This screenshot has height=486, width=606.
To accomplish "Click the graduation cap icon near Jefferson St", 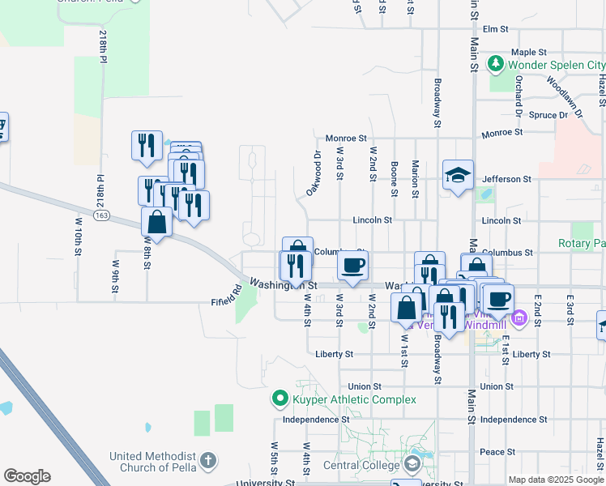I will click(458, 174).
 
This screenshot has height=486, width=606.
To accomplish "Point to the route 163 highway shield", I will click(101, 215).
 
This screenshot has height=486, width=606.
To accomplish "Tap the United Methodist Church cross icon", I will click(207, 462).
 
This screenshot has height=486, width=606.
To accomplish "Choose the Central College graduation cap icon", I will click(412, 464).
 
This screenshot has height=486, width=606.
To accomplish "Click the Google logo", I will click(27, 476).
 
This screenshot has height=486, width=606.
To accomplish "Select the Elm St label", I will click(494, 29).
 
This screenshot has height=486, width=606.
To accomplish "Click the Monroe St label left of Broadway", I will click(347, 139).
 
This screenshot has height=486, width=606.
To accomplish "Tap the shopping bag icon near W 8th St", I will click(156, 222).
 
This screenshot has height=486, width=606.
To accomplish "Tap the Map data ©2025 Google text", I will click(557, 480).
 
